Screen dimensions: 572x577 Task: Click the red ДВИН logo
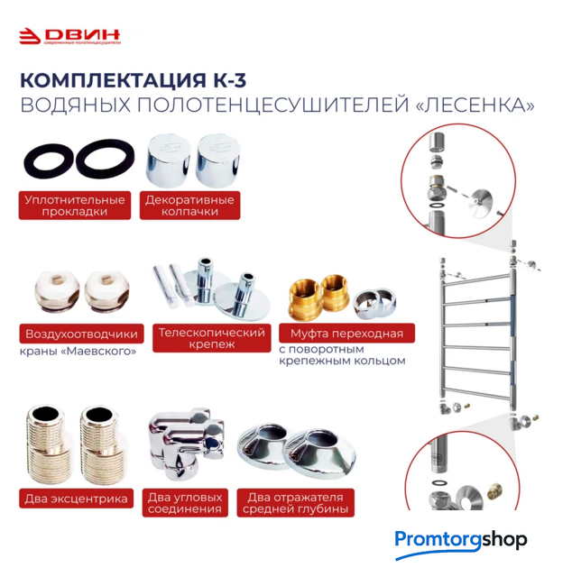click(69, 36)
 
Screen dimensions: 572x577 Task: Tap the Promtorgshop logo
click(461, 544)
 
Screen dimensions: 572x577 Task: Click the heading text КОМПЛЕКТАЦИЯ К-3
click(133, 80)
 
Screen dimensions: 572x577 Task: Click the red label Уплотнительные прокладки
click(75, 206)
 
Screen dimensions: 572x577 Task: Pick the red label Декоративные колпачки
click(189, 206)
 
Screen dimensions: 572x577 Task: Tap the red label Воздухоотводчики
click(81, 334)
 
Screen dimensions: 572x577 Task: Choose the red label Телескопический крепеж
click(212, 338)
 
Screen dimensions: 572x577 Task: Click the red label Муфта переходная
click(346, 333)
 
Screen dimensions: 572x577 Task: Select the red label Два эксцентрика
click(77, 499)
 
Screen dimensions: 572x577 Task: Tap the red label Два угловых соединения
click(185, 503)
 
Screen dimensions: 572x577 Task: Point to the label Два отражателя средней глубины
click(295, 503)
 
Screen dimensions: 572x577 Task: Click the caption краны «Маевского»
click(78, 351)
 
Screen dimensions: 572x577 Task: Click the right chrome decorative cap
click(218, 160)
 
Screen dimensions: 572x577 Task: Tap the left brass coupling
click(305, 299)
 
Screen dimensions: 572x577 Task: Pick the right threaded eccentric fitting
click(100, 444)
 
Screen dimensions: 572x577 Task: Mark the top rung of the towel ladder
click(478, 279)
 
